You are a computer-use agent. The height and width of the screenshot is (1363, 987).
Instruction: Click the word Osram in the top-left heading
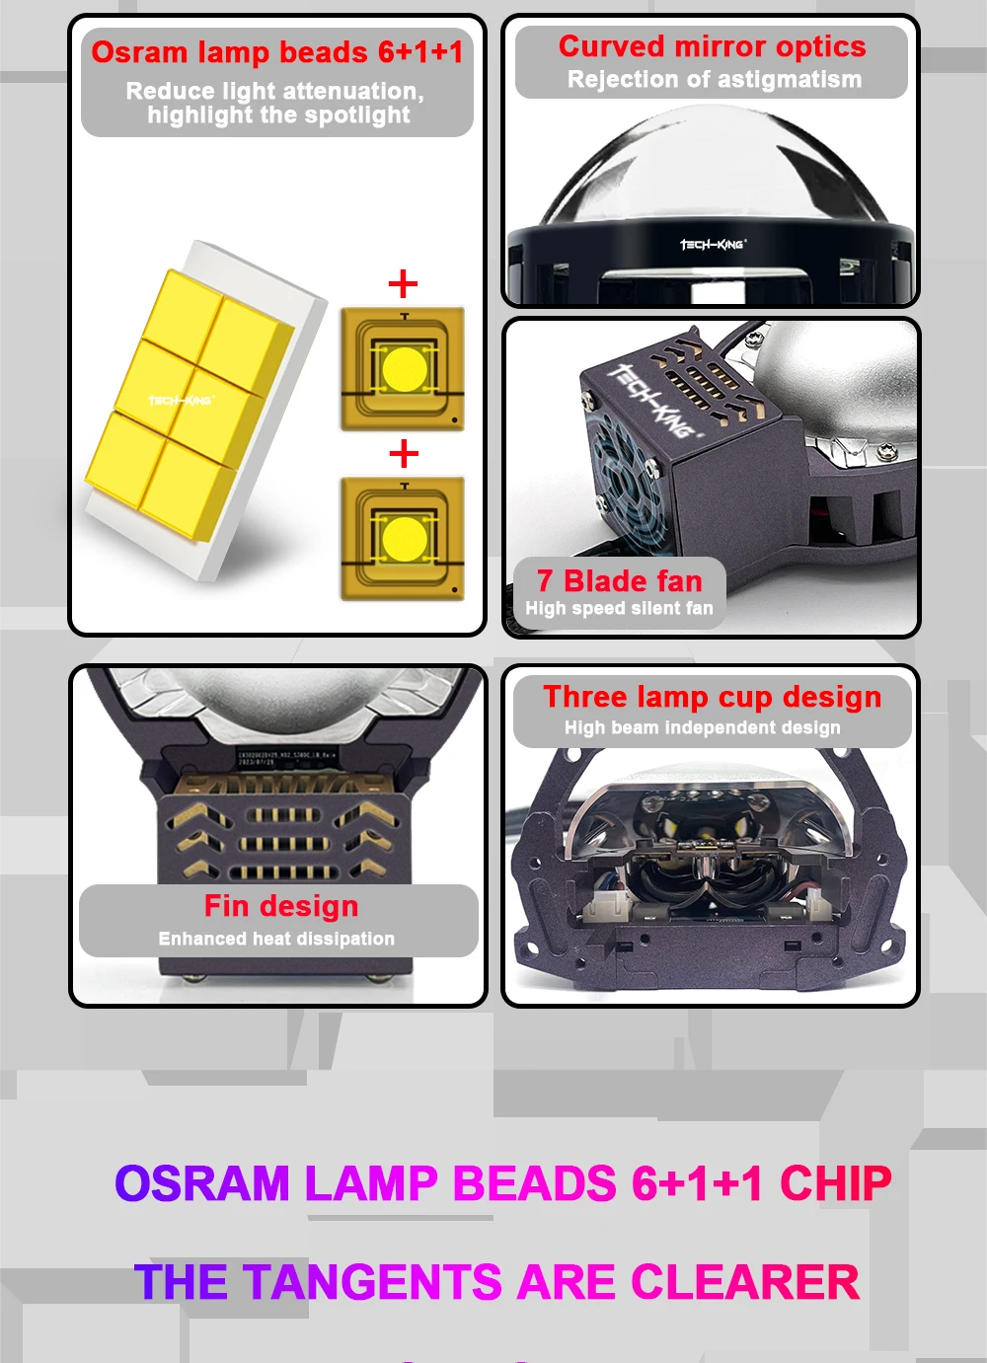(139, 52)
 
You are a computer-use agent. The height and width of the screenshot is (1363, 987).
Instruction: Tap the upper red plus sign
(403, 284)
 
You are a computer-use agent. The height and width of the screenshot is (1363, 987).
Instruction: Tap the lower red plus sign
(403, 454)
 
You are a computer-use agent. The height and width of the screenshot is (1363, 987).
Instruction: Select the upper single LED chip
(403, 369)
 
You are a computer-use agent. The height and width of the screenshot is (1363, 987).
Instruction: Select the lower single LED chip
(403, 539)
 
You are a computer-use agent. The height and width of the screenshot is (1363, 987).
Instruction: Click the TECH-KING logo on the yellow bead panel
(181, 401)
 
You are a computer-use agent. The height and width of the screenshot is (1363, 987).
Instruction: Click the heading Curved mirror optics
(712, 46)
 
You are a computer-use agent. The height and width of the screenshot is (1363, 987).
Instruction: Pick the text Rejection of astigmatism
(714, 80)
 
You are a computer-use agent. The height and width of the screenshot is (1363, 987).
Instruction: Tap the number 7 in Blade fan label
(545, 581)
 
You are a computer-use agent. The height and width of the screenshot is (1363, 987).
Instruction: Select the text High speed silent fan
(619, 609)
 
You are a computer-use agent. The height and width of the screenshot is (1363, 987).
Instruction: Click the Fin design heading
(281, 906)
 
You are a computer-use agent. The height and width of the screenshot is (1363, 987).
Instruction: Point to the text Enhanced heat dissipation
(276, 939)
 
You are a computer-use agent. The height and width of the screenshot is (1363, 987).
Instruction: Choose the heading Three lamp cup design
(712, 697)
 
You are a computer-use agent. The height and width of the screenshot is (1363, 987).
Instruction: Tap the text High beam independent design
(703, 728)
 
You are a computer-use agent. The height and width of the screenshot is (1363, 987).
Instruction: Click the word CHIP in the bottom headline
(835, 1183)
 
